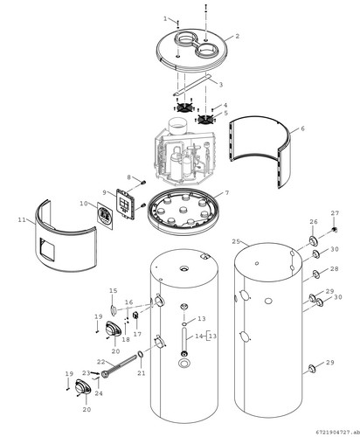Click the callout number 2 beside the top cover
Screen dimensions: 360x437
[238, 36]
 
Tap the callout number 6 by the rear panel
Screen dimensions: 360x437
[302, 128]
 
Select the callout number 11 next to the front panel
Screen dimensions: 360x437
[22, 219]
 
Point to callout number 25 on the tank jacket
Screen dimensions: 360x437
[237, 241]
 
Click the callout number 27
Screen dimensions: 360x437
[335, 213]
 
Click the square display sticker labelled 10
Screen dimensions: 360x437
[105, 216]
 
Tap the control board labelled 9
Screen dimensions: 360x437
[126, 204]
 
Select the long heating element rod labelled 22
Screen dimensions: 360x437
[119, 364]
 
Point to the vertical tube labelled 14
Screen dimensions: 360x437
[184, 342]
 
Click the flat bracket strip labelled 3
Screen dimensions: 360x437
[192, 85]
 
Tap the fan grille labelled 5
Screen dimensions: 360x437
[206, 120]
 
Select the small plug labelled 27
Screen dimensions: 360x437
[335, 230]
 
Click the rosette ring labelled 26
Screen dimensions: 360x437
[314, 240]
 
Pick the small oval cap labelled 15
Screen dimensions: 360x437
[113, 309]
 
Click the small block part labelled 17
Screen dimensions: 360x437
[135, 316]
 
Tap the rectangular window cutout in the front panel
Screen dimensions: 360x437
[47, 249]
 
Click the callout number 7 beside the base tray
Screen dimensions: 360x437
[227, 193]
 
